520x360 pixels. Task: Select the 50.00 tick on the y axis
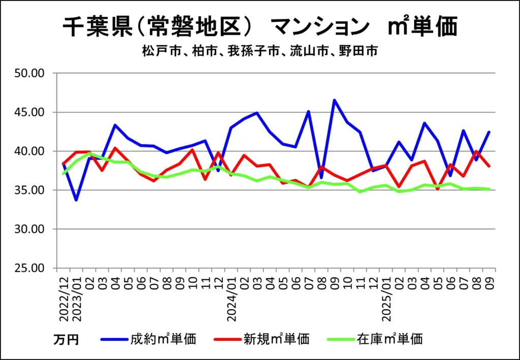(x=30, y=74)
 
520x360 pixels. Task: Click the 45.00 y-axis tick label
(x=30, y=112)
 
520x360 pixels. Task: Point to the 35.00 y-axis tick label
(x=30, y=190)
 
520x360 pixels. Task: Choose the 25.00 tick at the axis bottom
(x=30, y=268)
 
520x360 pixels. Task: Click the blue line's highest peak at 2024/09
(x=335, y=100)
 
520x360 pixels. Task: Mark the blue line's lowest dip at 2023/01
(x=76, y=200)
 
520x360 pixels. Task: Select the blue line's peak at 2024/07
(x=309, y=111)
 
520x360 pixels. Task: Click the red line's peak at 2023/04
(x=115, y=148)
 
